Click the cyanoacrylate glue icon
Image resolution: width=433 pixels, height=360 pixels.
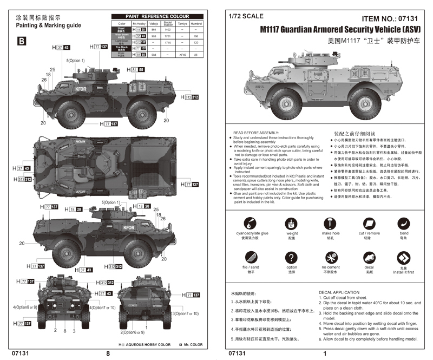[x=248, y=222]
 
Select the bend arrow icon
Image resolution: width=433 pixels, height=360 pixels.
[x=404, y=222]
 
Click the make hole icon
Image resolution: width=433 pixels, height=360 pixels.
[x=330, y=222]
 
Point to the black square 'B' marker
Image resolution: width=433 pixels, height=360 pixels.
[x=21, y=41]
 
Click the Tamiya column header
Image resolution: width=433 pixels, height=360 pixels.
[x=182, y=24]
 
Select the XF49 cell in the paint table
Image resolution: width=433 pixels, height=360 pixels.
[x=182, y=55]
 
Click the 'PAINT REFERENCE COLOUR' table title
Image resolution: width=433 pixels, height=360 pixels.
[x=158, y=16]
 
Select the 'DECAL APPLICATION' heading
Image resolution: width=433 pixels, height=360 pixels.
[x=339, y=292]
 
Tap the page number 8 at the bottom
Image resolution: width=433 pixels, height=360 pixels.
[x=108, y=353]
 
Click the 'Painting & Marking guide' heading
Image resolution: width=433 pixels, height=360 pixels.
[x=48, y=25]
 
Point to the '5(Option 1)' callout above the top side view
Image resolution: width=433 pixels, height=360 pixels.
[x=76, y=61]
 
